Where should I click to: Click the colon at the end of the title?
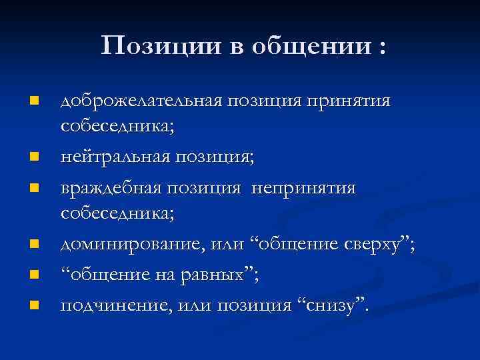381,48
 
